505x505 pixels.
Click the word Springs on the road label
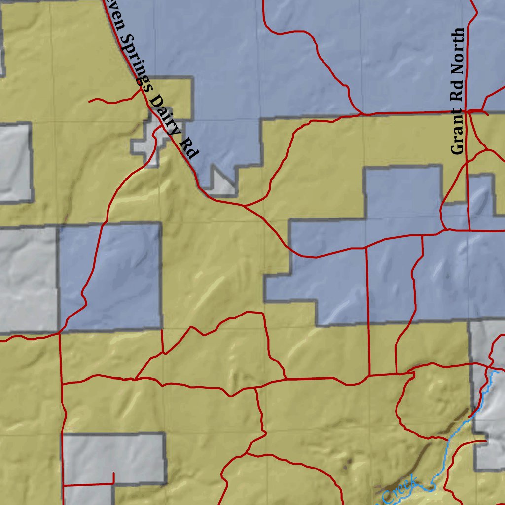click(134, 62)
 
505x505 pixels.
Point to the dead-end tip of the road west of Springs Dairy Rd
click(90, 101)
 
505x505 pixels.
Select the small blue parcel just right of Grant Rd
click(481, 197)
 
